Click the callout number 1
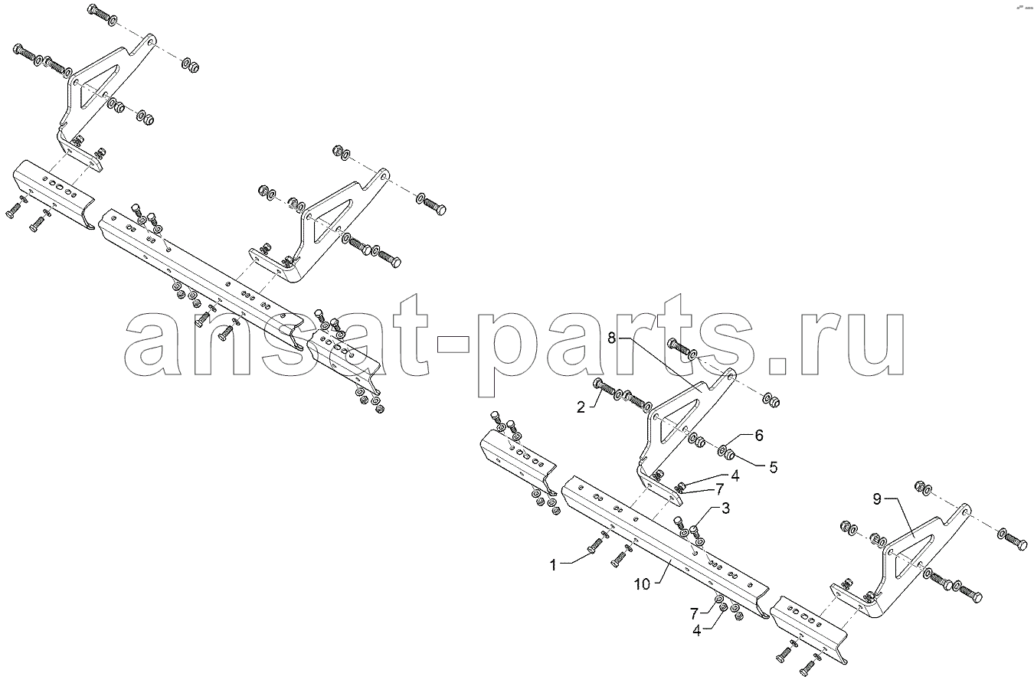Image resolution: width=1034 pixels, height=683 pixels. pos(554,565)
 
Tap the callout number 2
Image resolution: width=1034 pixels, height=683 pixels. pos(581,407)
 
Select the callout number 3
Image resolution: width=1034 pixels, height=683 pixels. pos(725,508)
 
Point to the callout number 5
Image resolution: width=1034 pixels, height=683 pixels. pos(774,467)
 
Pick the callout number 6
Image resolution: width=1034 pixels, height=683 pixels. pos(759,435)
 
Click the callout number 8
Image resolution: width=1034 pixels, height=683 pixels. pos(612,338)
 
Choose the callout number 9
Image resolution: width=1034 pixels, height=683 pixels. pos(877,498)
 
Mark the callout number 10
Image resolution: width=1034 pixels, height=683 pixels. pos(642,584)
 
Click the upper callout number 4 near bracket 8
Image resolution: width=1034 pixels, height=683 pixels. pos(735,475)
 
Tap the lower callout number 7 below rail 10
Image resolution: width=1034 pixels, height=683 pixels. pos(694,613)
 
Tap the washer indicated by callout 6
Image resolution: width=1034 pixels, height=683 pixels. pos(722,450)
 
